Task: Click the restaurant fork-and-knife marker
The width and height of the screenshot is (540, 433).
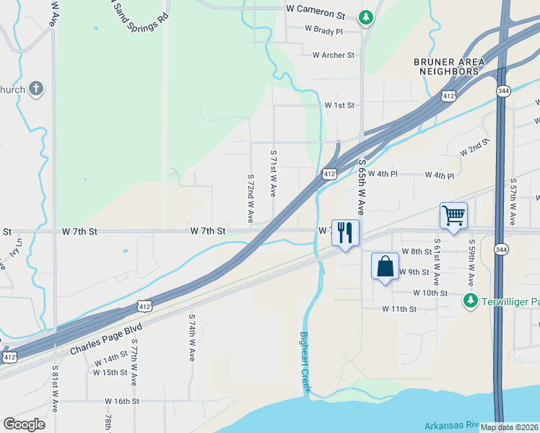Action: coord(344,233)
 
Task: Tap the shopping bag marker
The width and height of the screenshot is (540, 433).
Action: coord(385,266)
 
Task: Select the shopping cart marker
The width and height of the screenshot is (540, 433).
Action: coord(453,215)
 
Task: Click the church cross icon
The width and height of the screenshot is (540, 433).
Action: coord(36,89)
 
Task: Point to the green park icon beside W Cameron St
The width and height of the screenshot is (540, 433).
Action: coord(366,17)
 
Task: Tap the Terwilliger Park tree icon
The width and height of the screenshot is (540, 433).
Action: coord(471,299)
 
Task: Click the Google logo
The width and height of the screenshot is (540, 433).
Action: coord(24,424)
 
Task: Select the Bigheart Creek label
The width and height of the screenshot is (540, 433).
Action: coord(305,363)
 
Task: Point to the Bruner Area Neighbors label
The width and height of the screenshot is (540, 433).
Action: coord(447,66)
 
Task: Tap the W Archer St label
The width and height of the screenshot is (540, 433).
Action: coord(334,55)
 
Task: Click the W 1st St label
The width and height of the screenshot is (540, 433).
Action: coord(339,105)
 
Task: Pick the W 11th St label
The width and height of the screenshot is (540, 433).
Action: coord(399,309)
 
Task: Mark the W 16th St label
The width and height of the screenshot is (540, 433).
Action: coord(121,401)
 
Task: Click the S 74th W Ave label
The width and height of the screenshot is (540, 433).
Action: coord(192,338)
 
